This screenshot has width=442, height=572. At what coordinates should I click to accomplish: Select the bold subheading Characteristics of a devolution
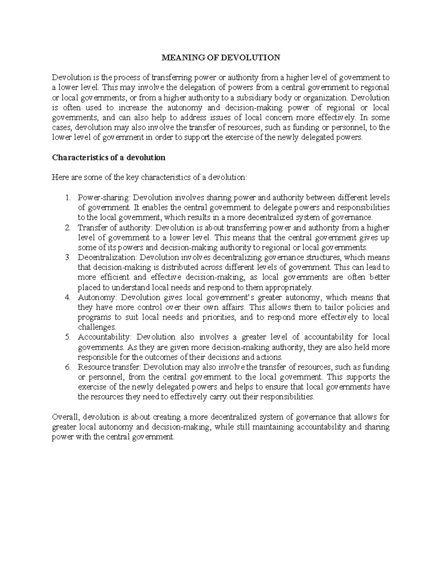(x=109, y=158)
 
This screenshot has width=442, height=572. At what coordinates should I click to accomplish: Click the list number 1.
(x=67, y=197)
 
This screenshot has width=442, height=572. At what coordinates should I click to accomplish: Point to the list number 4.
(x=67, y=297)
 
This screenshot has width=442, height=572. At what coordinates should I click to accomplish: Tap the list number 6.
(x=67, y=367)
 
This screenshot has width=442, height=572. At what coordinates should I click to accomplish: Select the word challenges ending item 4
(x=97, y=327)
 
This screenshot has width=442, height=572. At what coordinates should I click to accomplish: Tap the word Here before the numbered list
(x=59, y=178)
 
